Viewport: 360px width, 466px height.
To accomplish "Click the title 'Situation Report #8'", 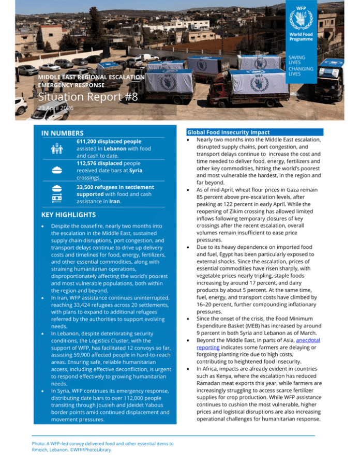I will coord(88,97).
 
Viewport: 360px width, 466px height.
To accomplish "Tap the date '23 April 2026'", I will coord(56,108).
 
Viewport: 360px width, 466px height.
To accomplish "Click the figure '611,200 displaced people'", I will coord(108,141).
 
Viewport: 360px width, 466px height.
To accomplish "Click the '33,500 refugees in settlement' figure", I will coord(115,187).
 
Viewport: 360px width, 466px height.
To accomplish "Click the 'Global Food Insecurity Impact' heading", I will coord(228,132).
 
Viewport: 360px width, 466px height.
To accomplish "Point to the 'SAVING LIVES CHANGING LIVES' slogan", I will coord(296,65).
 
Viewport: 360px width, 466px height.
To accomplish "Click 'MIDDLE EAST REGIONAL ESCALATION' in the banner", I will coord(91,77).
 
